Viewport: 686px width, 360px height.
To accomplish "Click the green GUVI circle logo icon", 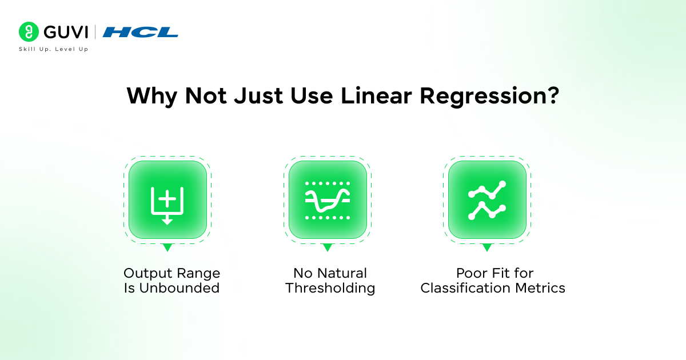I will [x=28, y=32].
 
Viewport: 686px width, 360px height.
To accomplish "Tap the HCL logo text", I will [x=141, y=32].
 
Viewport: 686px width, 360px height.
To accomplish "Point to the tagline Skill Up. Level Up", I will [x=54, y=49].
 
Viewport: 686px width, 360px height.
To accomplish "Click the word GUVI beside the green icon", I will [x=63, y=32].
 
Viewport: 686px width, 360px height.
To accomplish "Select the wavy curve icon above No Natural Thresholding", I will [x=327, y=200].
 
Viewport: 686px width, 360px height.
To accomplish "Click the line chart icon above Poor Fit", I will [x=487, y=200].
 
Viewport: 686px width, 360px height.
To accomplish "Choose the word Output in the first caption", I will [x=146, y=273].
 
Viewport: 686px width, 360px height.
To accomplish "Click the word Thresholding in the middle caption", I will [x=330, y=288].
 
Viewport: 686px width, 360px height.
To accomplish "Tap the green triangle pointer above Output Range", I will [x=167, y=247].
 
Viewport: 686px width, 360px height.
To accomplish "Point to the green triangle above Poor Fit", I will [x=487, y=247].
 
